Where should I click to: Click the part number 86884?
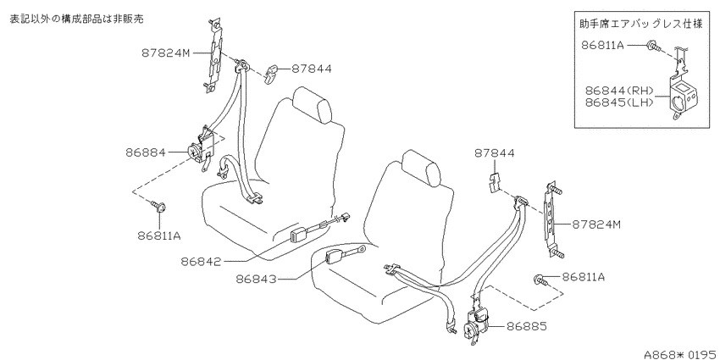tap(146, 152)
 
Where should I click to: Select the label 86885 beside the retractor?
tap(527, 326)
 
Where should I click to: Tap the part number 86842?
tap(201, 262)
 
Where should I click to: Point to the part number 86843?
tap(257, 279)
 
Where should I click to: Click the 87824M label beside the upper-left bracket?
tap(165, 53)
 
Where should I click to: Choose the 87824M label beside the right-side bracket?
tap(596, 224)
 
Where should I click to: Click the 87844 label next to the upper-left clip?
tap(312, 69)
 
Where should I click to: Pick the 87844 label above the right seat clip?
tap(495, 153)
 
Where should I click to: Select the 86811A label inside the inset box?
tap(602, 45)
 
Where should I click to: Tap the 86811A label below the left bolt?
tap(159, 236)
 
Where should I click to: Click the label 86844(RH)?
tap(619, 91)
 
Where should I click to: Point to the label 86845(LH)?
tap(619, 102)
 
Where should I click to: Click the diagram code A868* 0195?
tap(681, 354)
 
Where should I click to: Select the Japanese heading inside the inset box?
tap(641, 25)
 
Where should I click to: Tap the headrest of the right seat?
tap(422, 167)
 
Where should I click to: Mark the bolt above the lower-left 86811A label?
tap(159, 206)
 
